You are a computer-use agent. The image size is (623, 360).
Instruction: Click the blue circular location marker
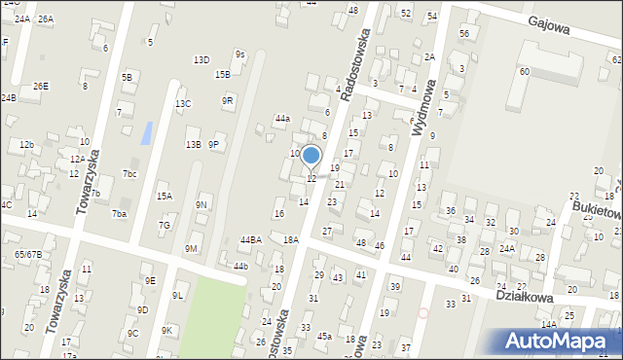pos(311,156)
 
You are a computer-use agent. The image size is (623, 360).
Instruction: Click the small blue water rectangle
pos(146,133)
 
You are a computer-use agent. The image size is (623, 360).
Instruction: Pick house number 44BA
pos(250,239)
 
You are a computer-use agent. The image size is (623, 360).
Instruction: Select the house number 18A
pos(290,239)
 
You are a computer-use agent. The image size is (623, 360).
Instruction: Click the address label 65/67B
pos(27,254)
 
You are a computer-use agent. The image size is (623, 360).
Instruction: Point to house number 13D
pos(201,60)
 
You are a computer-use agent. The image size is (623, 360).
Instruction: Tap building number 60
pos(524,72)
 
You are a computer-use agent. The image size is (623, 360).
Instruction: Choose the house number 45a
pos(324,337)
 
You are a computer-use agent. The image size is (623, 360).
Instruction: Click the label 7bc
pos(129,174)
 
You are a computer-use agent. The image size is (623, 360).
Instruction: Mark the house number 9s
pos(239,54)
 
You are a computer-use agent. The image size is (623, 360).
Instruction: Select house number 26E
pos(40,86)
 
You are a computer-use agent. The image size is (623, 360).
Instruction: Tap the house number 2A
pos(429,56)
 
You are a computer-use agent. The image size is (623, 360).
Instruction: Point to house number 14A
pos(548,325)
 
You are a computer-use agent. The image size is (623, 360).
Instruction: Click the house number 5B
pos(127,76)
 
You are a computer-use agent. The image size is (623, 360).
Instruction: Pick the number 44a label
pos(281,118)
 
